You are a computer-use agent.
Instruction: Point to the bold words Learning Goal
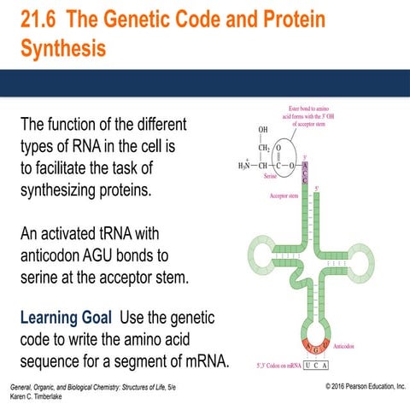coord(67,319)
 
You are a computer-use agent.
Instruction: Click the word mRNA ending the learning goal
coord(204,360)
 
